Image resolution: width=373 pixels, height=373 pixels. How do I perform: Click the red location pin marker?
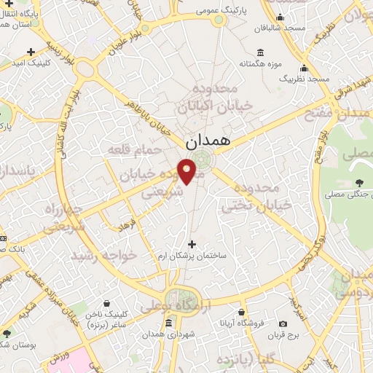[187, 171]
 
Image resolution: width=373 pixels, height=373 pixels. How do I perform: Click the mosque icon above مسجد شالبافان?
[280, 18]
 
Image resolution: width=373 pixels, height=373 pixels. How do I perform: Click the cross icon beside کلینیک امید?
[31, 52]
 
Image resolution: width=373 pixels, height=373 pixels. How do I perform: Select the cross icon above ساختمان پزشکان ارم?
[192, 245]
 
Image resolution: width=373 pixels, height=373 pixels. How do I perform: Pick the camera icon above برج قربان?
[283, 323]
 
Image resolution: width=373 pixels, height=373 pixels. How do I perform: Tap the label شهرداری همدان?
[168, 333]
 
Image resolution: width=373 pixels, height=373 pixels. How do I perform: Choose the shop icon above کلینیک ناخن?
[107, 302]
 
